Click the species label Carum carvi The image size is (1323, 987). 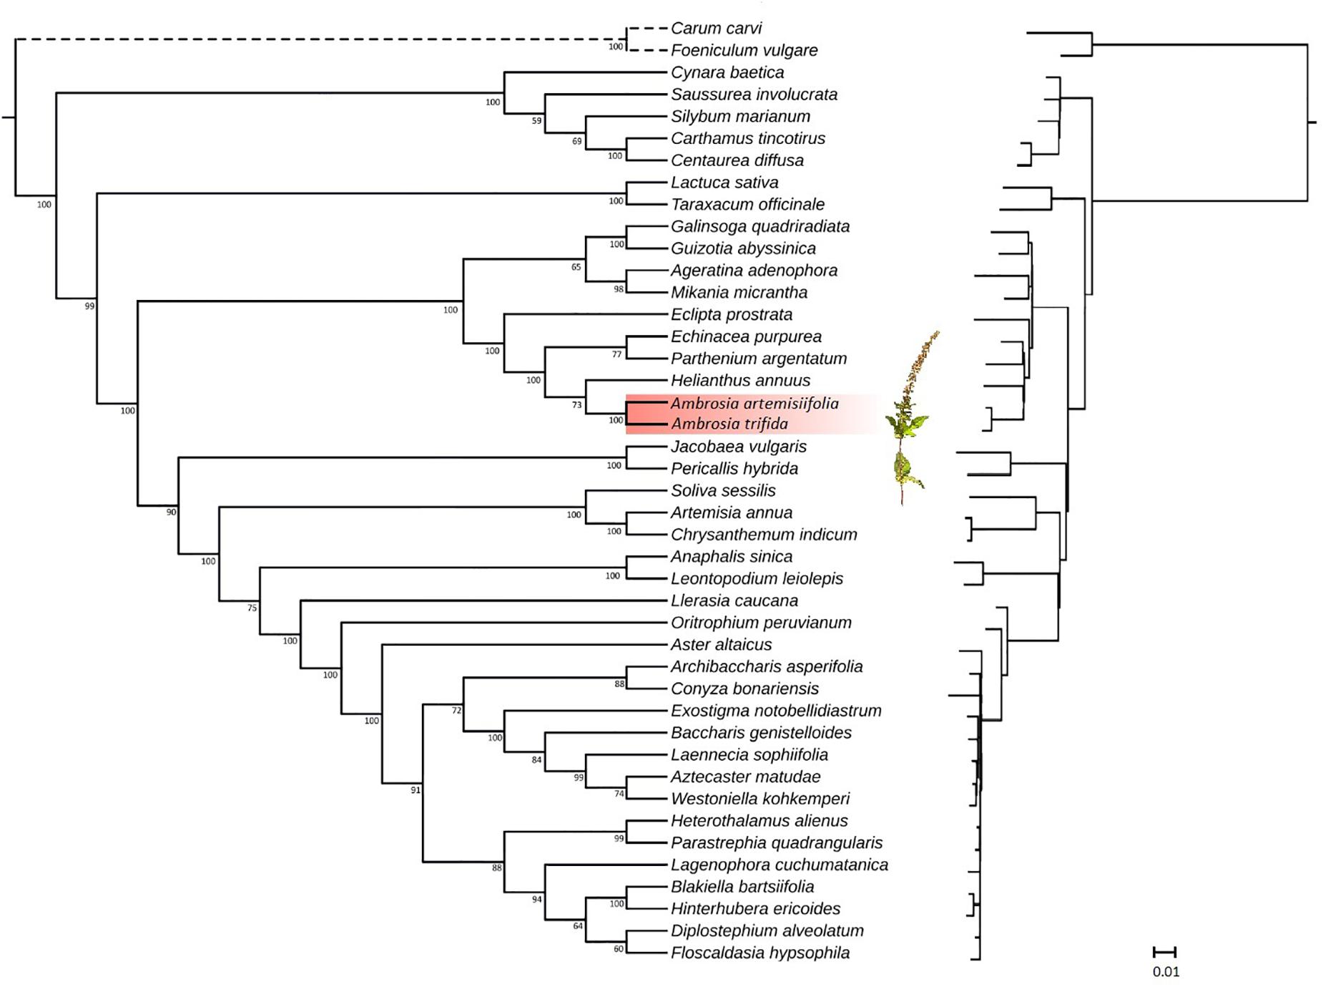click(x=716, y=29)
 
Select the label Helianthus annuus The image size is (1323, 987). click(x=740, y=381)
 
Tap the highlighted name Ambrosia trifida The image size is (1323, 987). click(x=729, y=424)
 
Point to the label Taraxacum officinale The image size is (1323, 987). click(x=747, y=205)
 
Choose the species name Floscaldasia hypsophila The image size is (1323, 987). click(x=759, y=953)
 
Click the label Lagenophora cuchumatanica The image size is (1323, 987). click(x=779, y=865)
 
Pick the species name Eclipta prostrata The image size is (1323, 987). click(x=731, y=315)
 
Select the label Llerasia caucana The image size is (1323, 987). click(x=734, y=601)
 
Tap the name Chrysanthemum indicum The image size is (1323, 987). click(x=763, y=535)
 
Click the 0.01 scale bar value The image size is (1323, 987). click(x=1166, y=972)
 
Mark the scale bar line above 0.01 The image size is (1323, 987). click(x=1165, y=953)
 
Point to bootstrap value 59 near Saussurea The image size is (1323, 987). click(x=536, y=121)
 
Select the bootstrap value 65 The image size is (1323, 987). click(x=576, y=268)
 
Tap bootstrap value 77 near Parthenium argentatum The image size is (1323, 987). click(x=616, y=354)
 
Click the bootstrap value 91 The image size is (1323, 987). click(x=415, y=790)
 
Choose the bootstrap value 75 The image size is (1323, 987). click(x=252, y=608)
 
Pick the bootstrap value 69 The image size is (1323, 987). click(x=576, y=142)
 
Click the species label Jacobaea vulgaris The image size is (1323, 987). click(x=738, y=447)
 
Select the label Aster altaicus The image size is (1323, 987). click(x=721, y=645)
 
